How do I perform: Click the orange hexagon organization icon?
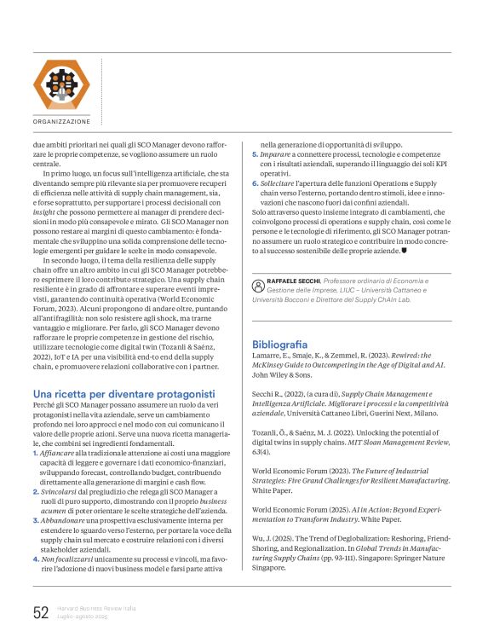pyautogui.click(x=60, y=84)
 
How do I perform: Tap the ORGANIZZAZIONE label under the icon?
pyautogui.click(x=61, y=122)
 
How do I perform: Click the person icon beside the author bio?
pyautogui.click(x=257, y=286)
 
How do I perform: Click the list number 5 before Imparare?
pyautogui.click(x=254, y=155)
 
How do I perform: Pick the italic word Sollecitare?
pyautogui.click(x=279, y=183)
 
